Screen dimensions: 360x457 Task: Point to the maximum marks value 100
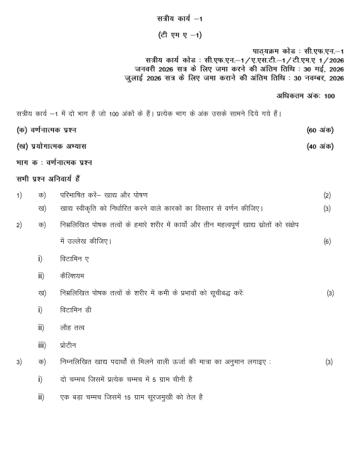(329, 95)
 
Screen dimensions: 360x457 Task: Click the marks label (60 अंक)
(320, 130)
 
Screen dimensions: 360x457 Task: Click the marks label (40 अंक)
(320, 146)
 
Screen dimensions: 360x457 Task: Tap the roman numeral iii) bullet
(42, 345)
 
